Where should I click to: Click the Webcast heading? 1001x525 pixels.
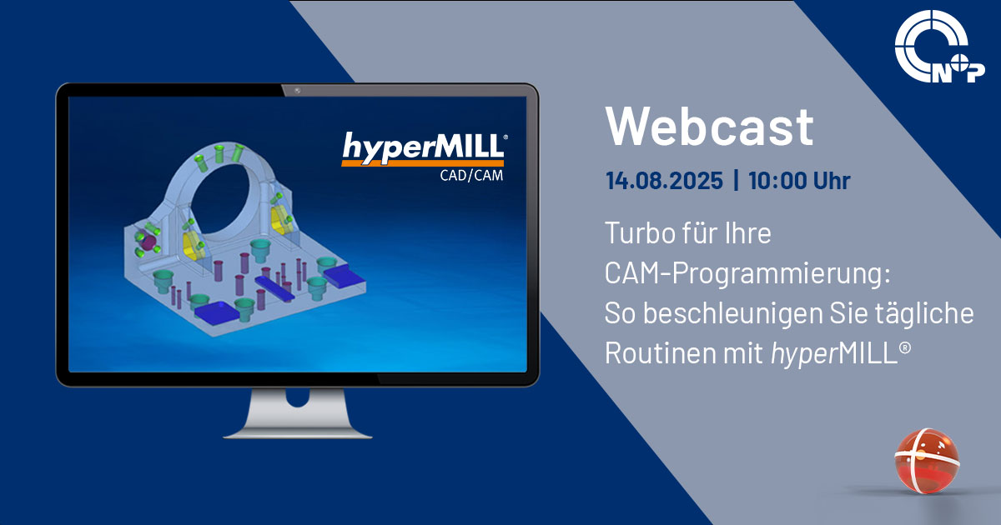point(709,127)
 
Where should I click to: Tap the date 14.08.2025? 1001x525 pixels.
point(664,180)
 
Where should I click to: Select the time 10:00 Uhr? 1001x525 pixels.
point(799,180)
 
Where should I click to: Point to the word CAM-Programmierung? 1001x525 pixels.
point(747,272)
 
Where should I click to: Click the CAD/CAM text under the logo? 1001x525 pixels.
point(471,176)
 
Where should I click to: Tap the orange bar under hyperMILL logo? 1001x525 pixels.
point(423,163)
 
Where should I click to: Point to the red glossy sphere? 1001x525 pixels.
point(927,461)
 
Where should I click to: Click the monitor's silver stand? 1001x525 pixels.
point(298,413)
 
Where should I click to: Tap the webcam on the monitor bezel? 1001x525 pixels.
point(298,91)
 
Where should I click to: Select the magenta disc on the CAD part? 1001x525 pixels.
point(147,242)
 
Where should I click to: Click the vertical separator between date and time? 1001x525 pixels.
point(736,180)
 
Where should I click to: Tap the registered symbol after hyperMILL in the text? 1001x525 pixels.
point(905,347)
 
